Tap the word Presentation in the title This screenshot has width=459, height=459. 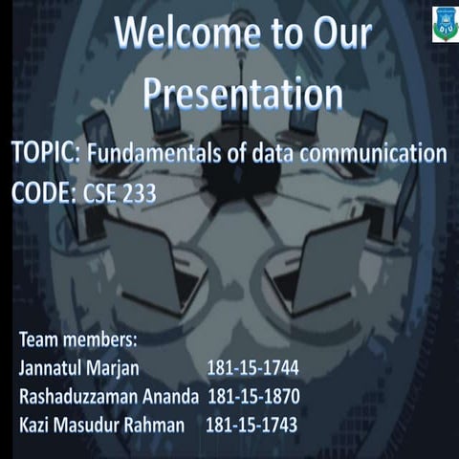click(x=243, y=94)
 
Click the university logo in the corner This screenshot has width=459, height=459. click(x=445, y=23)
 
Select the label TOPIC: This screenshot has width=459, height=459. click(x=49, y=153)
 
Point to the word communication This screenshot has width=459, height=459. click(x=378, y=153)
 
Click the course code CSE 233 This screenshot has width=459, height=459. click(x=121, y=193)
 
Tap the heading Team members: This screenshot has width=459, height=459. click(x=78, y=339)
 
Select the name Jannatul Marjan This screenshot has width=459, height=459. click(x=78, y=367)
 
